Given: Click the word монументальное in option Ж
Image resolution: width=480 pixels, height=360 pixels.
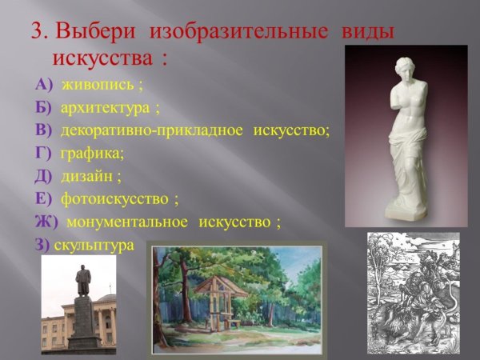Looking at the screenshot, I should pos(127,222).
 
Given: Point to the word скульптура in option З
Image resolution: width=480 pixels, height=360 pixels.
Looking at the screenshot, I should pos(94,246).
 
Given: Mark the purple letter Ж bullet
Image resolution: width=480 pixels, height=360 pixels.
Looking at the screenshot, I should pos(46,222).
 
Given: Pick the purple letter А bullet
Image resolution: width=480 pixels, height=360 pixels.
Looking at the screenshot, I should pos(42,85).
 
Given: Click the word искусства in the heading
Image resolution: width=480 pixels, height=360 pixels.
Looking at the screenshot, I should pos(105,58).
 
